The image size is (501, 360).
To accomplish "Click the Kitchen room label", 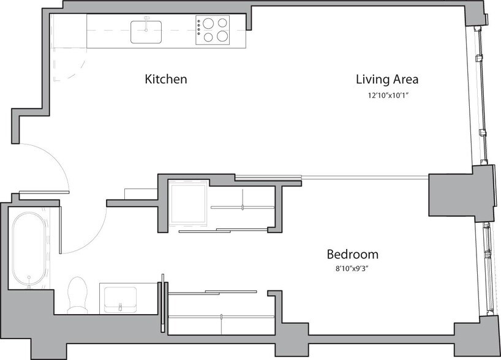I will pyautogui.click(x=165, y=80).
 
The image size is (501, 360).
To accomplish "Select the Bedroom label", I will pyautogui.click(x=352, y=254).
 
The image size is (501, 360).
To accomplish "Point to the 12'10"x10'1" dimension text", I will pyautogui.click(x=387, y=96).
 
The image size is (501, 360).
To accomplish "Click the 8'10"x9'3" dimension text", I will pyautogui.click(x=352, y=268).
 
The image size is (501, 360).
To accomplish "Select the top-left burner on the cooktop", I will pyautogui.click(x=208, y=24).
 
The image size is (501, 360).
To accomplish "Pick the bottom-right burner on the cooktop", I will pyautogui.click(x=221, y=37).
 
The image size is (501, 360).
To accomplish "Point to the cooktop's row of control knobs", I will pyautogui.click(x=200, y=30).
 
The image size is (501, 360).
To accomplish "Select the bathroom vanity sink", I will pyautogui.click(x=119, y=298).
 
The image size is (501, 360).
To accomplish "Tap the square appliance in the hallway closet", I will pyautogui.click(x=187, y=203).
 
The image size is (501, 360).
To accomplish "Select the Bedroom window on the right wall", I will pyautogui.click(x=487, y=269).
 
